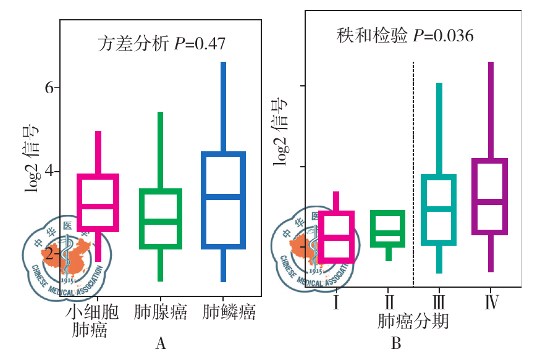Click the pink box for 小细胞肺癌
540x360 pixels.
tap(98, 203)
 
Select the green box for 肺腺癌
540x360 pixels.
tap(159, 219)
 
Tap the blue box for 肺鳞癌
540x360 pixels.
tap(223, 200)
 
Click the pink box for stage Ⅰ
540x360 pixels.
tap(335, 237)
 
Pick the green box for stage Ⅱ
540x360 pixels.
tap(387, 229)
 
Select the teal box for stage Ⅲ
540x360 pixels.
tap(439, 210)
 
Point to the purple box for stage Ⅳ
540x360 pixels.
tap(490, 196)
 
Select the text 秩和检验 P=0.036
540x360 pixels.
tap(405, 36)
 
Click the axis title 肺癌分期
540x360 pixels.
tap(413, 322)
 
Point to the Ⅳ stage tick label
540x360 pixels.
tap(491, 303)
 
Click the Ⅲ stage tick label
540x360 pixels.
tap(439, 303)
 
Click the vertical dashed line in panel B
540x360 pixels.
tap(413, 173)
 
